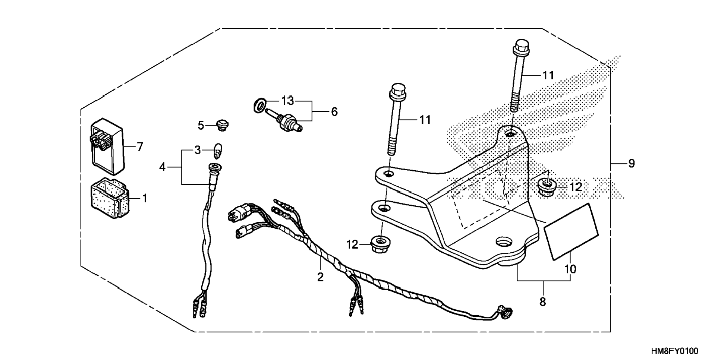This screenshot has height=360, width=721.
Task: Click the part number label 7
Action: tap(140, 147)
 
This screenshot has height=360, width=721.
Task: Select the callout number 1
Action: tap(145, 198)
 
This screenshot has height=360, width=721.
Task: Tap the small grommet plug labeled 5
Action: tap(223, 125)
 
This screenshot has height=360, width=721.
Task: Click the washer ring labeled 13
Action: tap(260, 105)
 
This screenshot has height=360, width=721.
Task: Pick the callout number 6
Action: tap(334, 111)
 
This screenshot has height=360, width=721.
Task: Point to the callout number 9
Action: tap(631, 164)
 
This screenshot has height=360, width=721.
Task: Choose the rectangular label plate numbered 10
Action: tap(571, 231)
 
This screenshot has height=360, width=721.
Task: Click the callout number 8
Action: tap(542, 301)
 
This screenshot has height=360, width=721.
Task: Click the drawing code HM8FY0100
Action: tap(674, 351)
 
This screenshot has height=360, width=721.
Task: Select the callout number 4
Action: tap(162, 167)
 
